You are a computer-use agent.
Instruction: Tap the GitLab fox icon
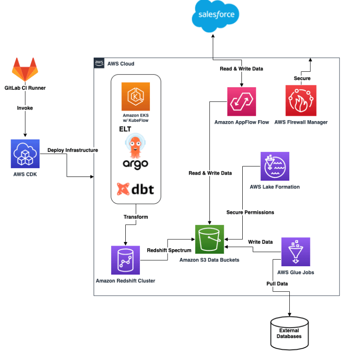click(25, 70)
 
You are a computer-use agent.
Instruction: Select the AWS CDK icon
click(25, 153)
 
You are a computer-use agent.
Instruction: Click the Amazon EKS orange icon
click(136, 96)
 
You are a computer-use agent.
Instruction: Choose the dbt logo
click(135, 189)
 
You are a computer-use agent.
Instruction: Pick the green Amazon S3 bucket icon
click(210, 239)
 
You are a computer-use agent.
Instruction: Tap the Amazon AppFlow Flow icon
click(241, 101)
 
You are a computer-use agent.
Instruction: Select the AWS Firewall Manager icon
click(300, 101)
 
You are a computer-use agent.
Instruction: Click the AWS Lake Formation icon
click(275, 166)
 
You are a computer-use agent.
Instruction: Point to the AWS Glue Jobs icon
click(295, 252)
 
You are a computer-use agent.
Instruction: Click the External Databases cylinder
click(289, 332)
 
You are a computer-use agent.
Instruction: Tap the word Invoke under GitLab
click(25, 108)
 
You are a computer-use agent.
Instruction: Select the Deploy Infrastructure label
click(73, 150)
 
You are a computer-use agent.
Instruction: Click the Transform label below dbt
click(135, 217)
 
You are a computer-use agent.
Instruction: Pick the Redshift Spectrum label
click(169, 250)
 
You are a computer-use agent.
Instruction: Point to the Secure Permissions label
click(250, 212)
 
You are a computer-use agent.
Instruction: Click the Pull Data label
click(277, 283)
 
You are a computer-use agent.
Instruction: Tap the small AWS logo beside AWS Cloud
click(99, 63)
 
